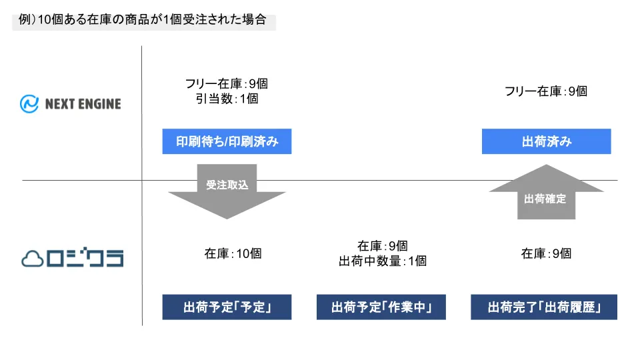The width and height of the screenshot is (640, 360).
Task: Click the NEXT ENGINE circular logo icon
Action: [x=29, y=104]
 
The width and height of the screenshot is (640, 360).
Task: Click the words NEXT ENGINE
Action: [x=83, y=104]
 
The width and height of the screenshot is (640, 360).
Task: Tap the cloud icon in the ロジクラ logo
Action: [x=32, y=259]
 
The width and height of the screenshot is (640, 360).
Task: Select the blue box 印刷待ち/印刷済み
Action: [x=227, y=141]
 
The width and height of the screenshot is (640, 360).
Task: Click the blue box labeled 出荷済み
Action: [x=546, y=141]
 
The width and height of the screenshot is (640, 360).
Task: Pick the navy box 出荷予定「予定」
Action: [x=227, y=307]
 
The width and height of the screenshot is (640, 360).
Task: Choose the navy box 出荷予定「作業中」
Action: [x=381, y=307]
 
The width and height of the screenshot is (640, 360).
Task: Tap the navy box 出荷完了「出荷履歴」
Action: [x=544, y=307]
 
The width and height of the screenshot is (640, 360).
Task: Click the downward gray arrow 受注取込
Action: [x=227, y=192]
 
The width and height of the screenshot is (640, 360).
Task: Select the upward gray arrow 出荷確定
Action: [x=546, y=192]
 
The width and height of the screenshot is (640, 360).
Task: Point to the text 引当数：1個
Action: [x=227, y=99]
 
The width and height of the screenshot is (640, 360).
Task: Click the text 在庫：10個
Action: [x=233, y=253]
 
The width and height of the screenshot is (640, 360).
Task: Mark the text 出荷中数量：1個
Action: [x=383, y=261]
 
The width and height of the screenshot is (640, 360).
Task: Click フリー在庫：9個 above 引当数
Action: [x=227, y=84]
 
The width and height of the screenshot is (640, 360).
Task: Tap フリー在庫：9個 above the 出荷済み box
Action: [x=546, y=91]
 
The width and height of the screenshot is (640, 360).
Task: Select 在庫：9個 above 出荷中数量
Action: [x=383, y=246]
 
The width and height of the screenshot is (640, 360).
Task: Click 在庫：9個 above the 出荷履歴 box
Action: [x=546, y=253]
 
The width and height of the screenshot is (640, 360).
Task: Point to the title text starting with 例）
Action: [x=143, y=19]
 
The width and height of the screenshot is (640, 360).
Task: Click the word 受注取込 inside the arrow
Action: [x=227, y=185]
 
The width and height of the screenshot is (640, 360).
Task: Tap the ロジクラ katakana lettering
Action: [x=85, y=257]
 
